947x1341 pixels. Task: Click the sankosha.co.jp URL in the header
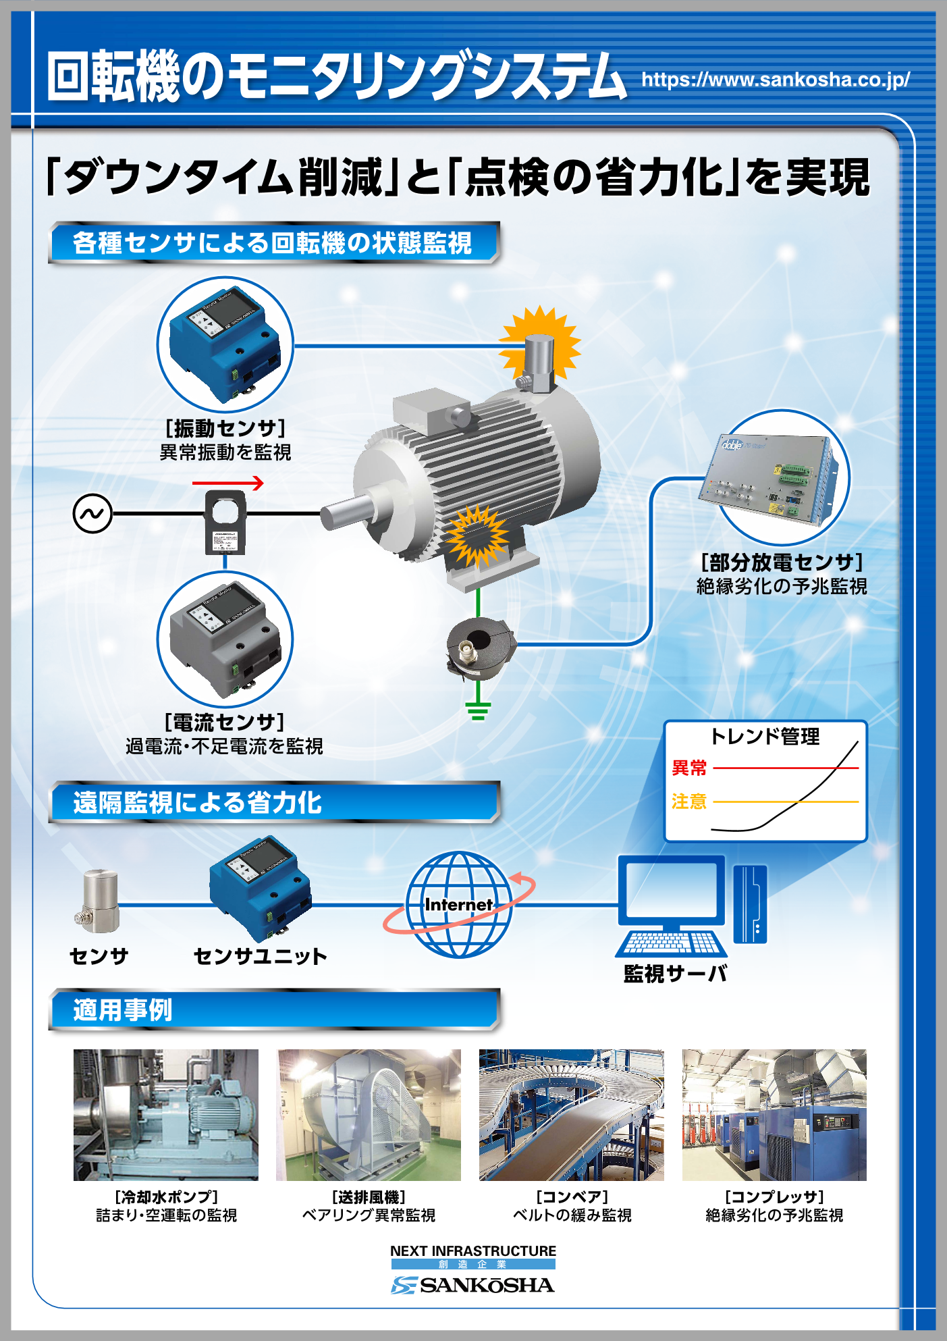[x=775, y=80]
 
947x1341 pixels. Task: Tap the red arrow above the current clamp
[x=227, y=483]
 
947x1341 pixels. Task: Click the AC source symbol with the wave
[x=92, y=514]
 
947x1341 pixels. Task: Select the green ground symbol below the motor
[x=478, y=710]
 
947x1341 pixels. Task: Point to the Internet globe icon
[x=459, y=904]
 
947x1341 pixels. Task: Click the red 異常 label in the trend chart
[x=689, y=768]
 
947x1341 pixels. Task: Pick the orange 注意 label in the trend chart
[x=689, y=801]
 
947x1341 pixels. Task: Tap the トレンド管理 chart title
[x=765, y=736]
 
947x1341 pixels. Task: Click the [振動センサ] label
[x=225, y=428]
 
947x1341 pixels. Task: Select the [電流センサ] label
[x=225, y=722]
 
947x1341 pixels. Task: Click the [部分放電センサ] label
[x=782, y=562]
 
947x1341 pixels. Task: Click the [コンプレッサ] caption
[x=774, y=1197]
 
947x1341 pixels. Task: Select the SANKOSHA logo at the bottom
[x=472, y=1285]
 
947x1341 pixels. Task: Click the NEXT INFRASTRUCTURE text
[x=473, y=1251]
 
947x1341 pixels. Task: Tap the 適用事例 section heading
[x=123, y=1010]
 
